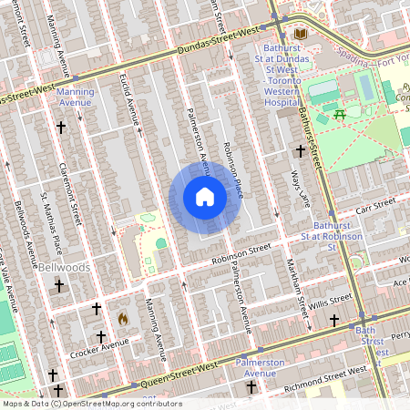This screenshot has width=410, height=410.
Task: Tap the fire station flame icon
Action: coord(122,319)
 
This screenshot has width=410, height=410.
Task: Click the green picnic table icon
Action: coord(339,113)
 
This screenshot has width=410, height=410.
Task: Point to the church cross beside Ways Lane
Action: coord(301,150)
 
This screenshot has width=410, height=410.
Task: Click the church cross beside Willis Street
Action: coord(334,321)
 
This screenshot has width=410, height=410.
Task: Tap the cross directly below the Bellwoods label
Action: coord(60,286)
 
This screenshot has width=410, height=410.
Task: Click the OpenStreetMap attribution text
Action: coord(91,403)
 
